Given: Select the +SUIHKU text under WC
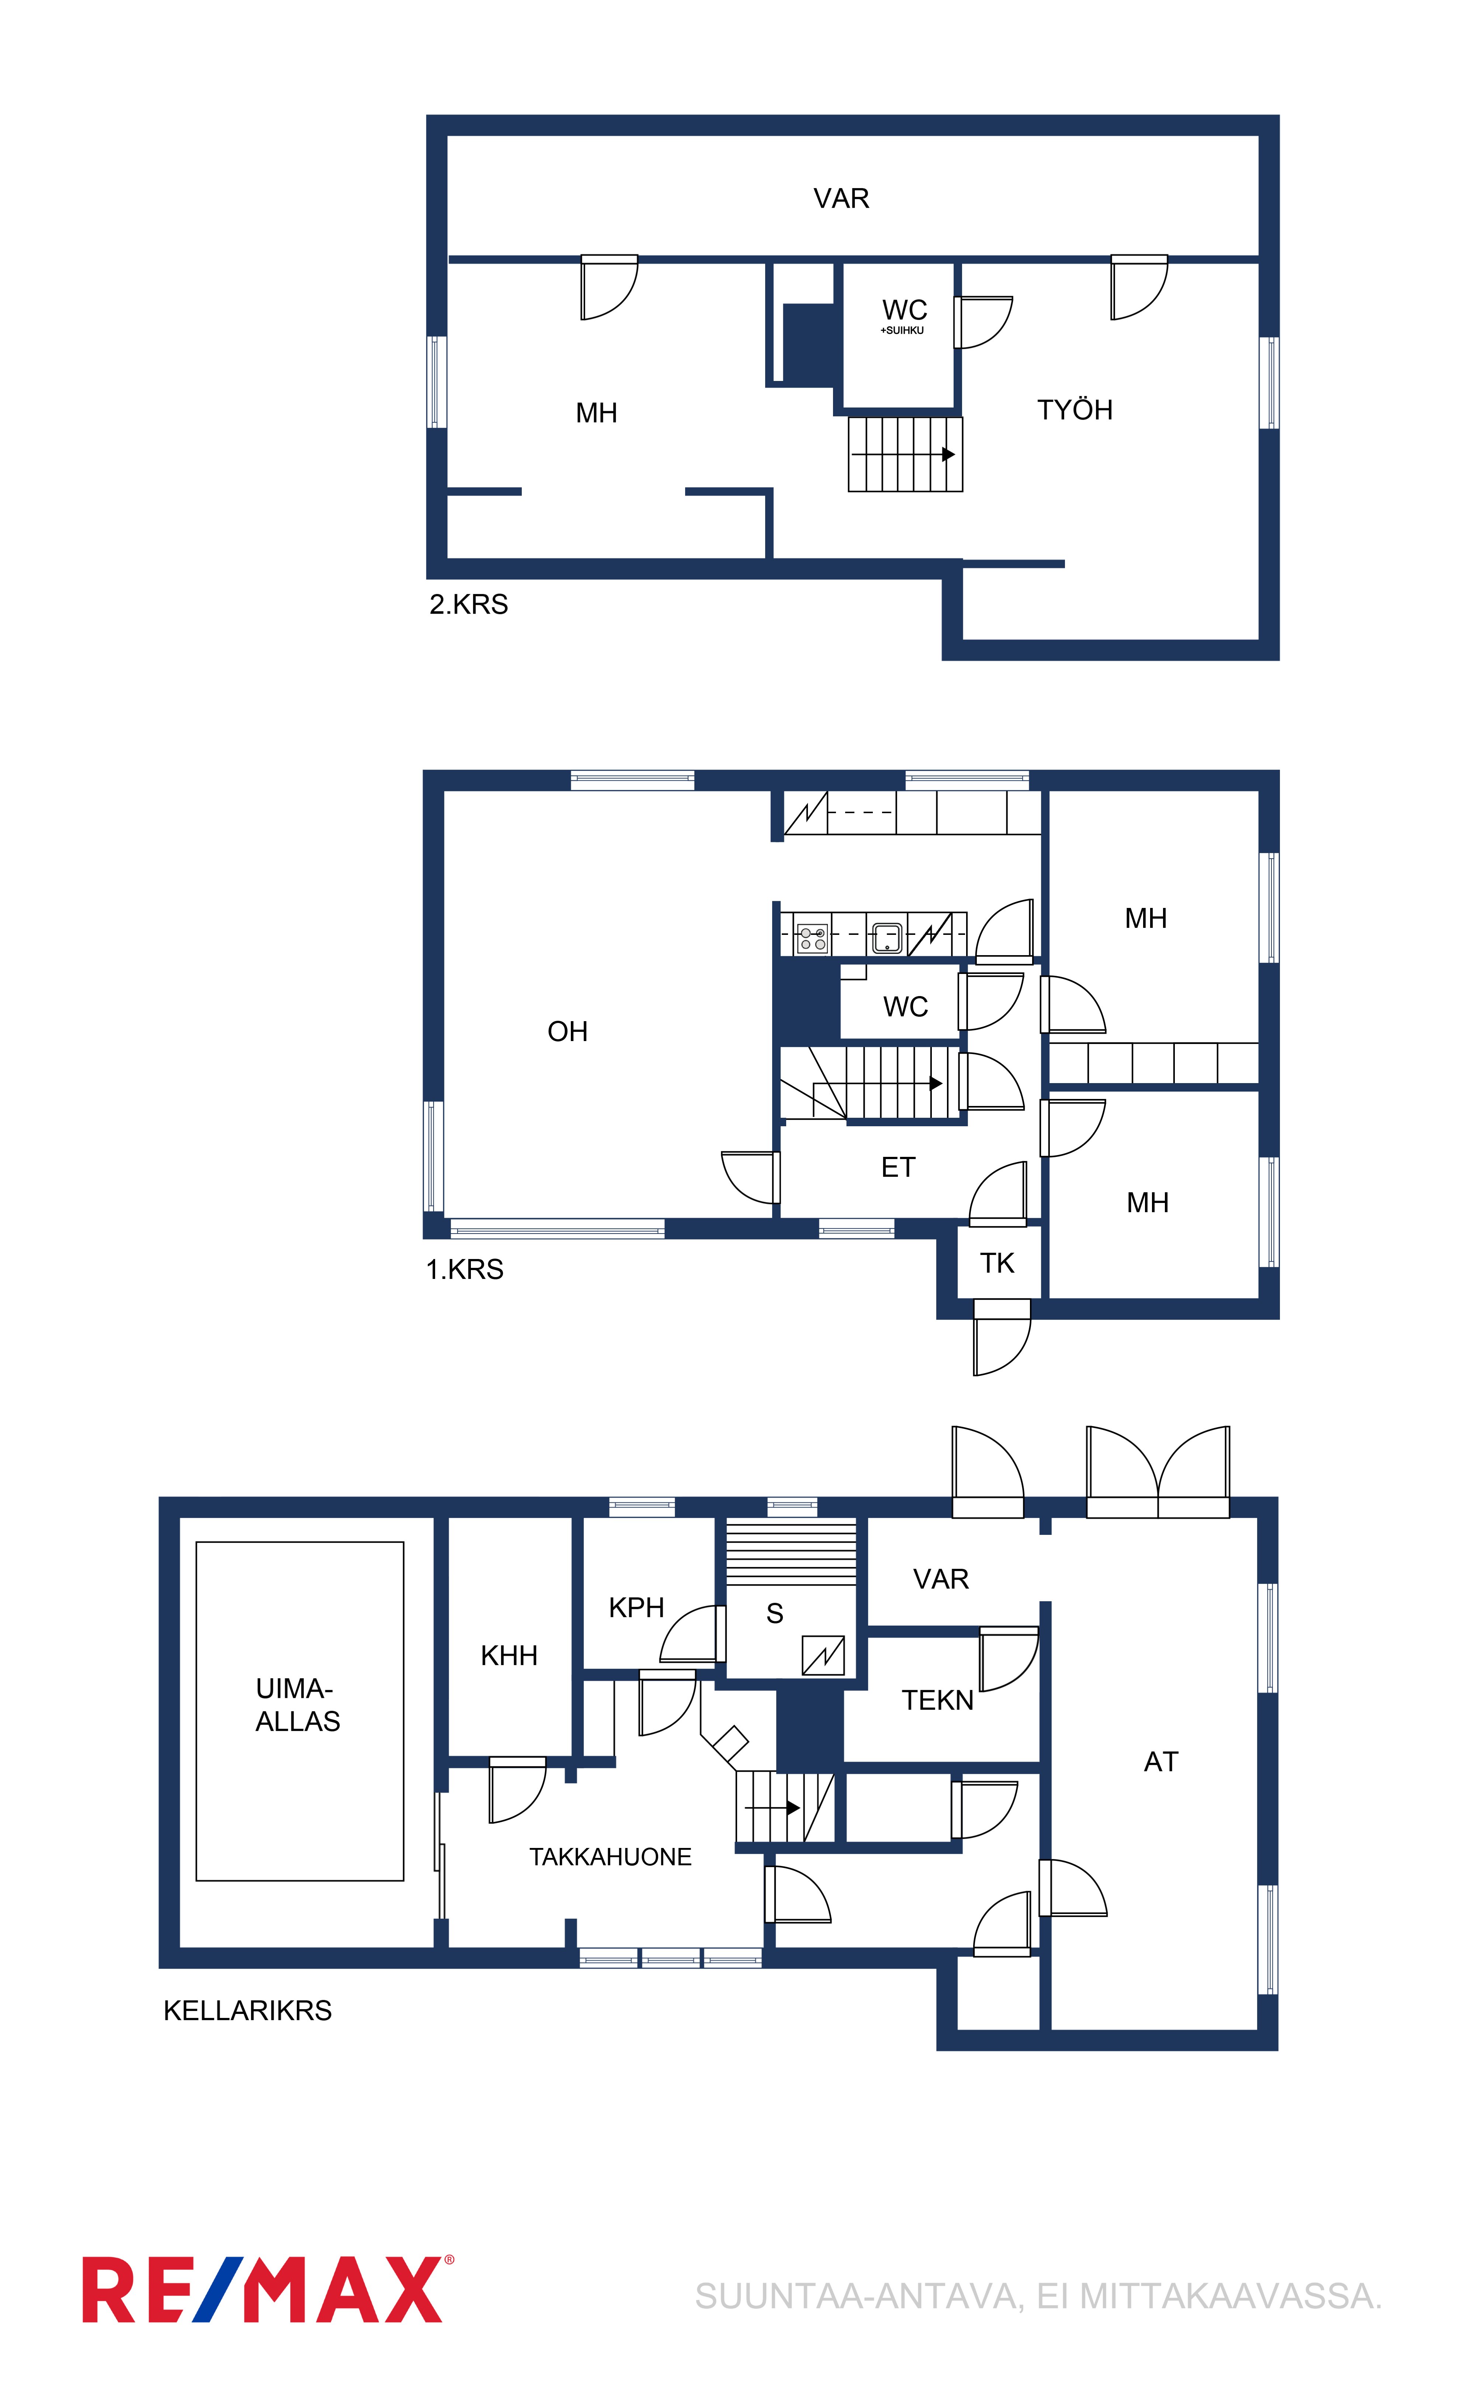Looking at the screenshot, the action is click(x=902, y=331).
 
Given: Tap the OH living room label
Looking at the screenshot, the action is click(x=568, y=1031).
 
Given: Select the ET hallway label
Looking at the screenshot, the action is click(x=899, y=1168).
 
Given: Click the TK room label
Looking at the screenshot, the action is click(x=997, y=1263).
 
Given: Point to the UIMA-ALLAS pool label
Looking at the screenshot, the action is click(x=298, y=1705).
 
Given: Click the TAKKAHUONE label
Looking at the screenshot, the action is click(x=611, y=1857).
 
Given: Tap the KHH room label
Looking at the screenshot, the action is click(x=509, y=1655).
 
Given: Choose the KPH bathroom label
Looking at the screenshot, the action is click(x=636, y=1608).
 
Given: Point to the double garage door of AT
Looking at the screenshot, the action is click(x=1158, y=1472).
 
